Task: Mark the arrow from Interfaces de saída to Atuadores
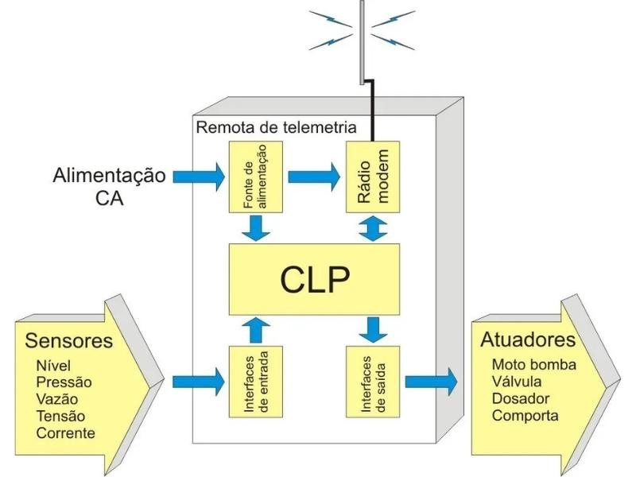click(430, 380)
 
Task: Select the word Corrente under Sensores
click(65, 433)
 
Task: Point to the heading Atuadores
click(527, 339)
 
